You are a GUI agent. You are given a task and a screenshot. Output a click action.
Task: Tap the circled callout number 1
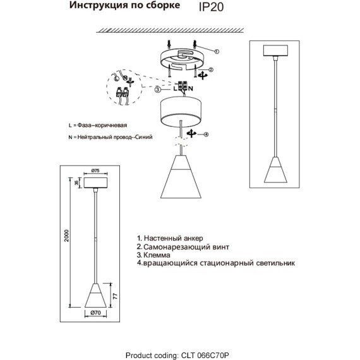(x=217, y=51)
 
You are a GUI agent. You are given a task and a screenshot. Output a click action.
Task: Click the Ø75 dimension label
(x=96, y=171)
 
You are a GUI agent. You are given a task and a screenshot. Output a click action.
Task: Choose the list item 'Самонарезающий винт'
(x=180, y=247)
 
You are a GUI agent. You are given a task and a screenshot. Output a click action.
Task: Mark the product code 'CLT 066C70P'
(x=215, y=356)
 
